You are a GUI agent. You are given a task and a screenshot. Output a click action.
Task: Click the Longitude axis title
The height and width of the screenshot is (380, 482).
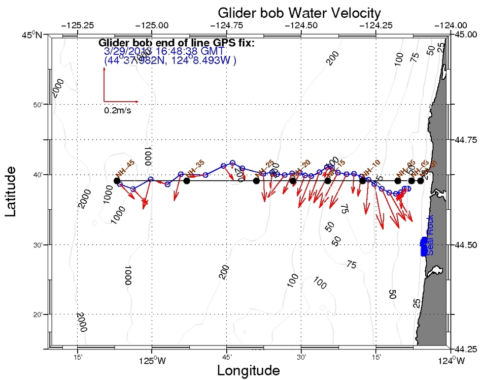pos(248,370)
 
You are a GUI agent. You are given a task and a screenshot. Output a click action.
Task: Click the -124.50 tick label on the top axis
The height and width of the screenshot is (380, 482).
pos(301,24)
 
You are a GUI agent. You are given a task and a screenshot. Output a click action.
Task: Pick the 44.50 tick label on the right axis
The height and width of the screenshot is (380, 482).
pos(463,245)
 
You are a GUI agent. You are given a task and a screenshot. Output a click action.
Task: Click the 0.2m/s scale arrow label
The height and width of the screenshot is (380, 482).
pos(118,110)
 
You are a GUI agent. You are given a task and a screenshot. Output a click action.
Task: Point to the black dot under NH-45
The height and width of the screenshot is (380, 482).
pos(117,181)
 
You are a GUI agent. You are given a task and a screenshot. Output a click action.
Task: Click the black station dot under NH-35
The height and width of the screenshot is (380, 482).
pos(187,181)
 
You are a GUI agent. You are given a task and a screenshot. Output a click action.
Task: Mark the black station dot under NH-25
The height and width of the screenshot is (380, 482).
pos(256,181)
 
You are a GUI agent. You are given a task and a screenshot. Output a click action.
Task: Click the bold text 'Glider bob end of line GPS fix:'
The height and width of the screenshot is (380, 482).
pos(176,43)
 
